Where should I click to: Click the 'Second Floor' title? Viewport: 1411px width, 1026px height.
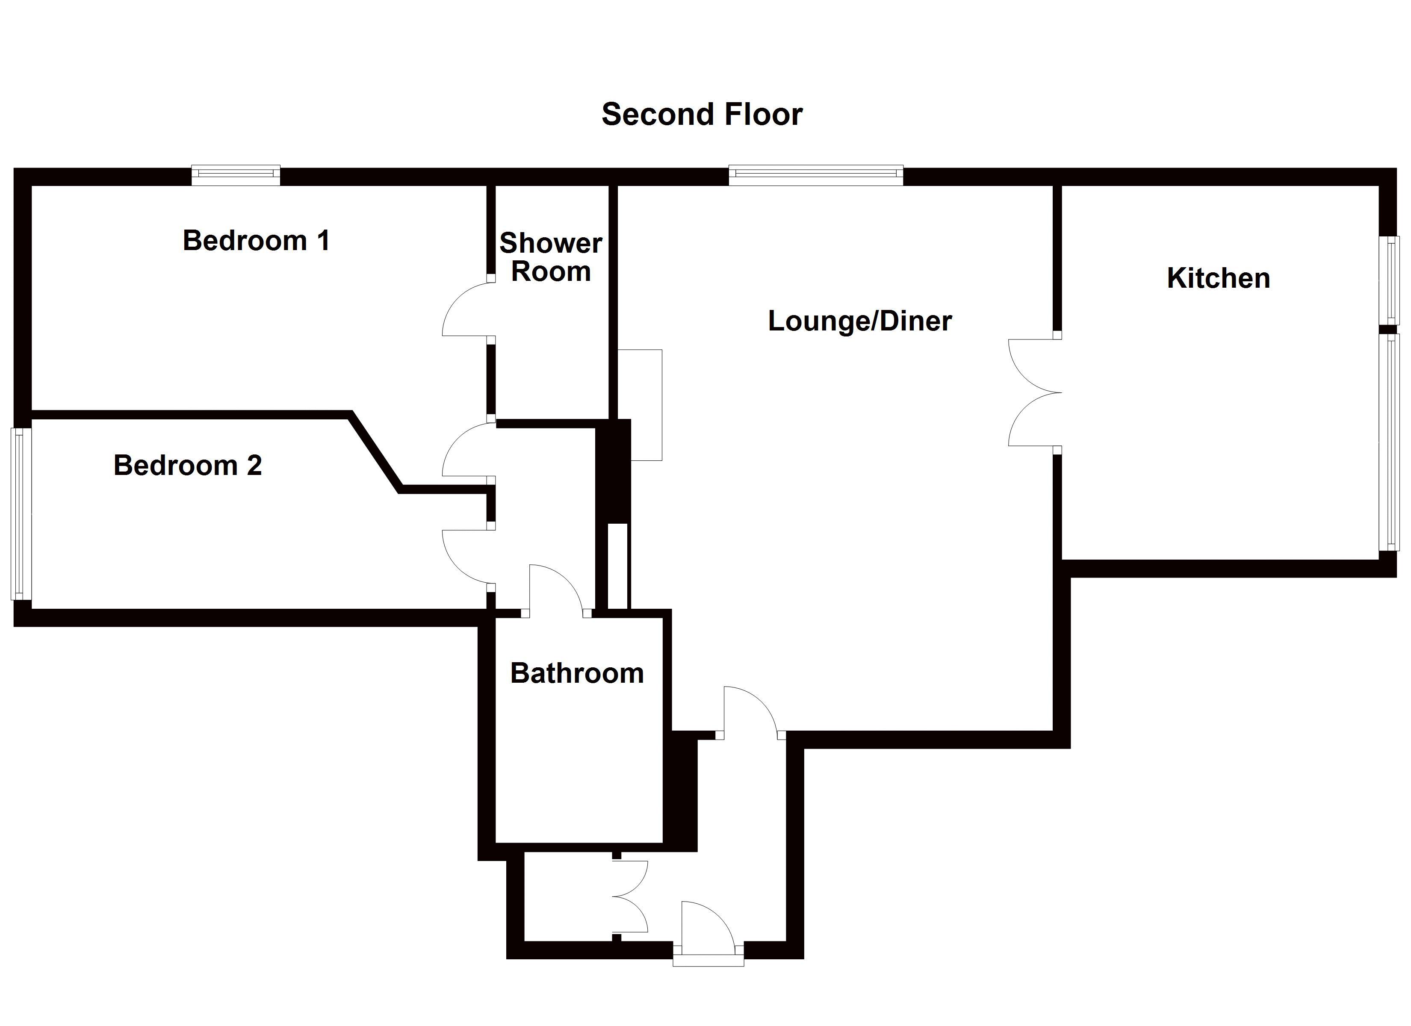point(702,115)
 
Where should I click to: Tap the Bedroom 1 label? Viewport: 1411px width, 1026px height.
point(256,241)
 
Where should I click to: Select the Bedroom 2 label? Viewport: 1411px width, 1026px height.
point(187,466)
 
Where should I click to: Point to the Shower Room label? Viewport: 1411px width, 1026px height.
point(551,257)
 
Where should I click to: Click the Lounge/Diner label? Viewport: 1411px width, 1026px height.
point(860,321)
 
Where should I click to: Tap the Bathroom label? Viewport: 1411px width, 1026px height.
point(577,673)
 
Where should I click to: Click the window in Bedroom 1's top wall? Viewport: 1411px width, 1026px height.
point(236,175)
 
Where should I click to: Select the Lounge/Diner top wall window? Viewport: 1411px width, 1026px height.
point(816,175)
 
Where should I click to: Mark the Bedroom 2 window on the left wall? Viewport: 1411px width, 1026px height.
point(21,513)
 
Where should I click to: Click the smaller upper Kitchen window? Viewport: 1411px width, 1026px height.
point(1389,280)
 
